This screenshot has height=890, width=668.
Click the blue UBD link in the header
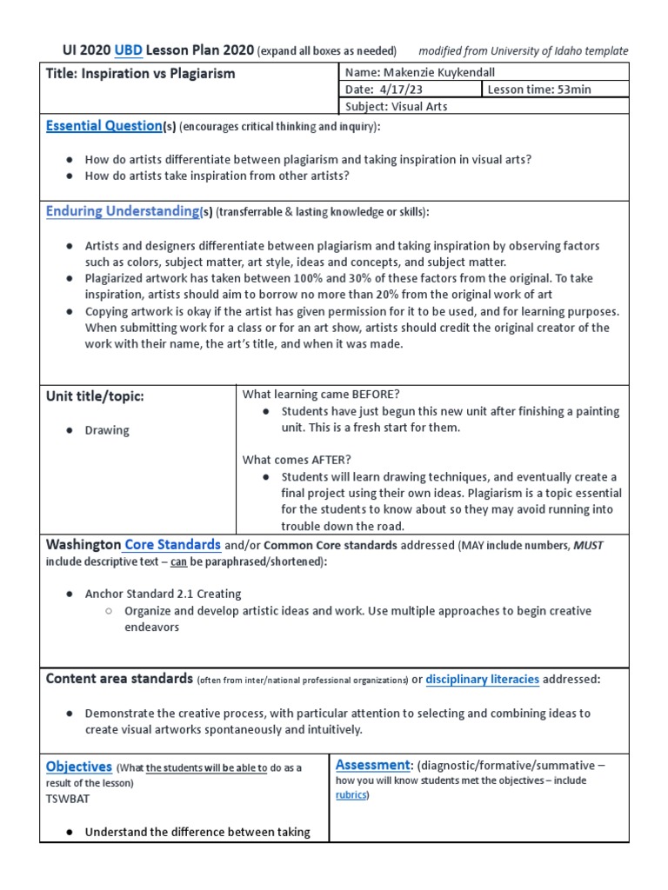129,50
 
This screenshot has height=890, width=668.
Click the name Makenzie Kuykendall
418,73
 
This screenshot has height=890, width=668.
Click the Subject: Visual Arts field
397,106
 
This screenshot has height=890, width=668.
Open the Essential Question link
104,126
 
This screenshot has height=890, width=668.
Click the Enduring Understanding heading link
123,211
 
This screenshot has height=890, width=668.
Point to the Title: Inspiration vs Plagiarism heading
140,74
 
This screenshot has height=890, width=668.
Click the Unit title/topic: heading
95,396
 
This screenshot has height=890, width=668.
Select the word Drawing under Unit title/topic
106,430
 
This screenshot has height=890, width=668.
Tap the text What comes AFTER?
297,459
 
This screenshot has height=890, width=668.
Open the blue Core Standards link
172,545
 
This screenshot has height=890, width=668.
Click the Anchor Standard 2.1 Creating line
163,594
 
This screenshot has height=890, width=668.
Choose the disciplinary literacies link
482,679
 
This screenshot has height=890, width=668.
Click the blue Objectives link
78,767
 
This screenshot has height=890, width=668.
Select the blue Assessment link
372,765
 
